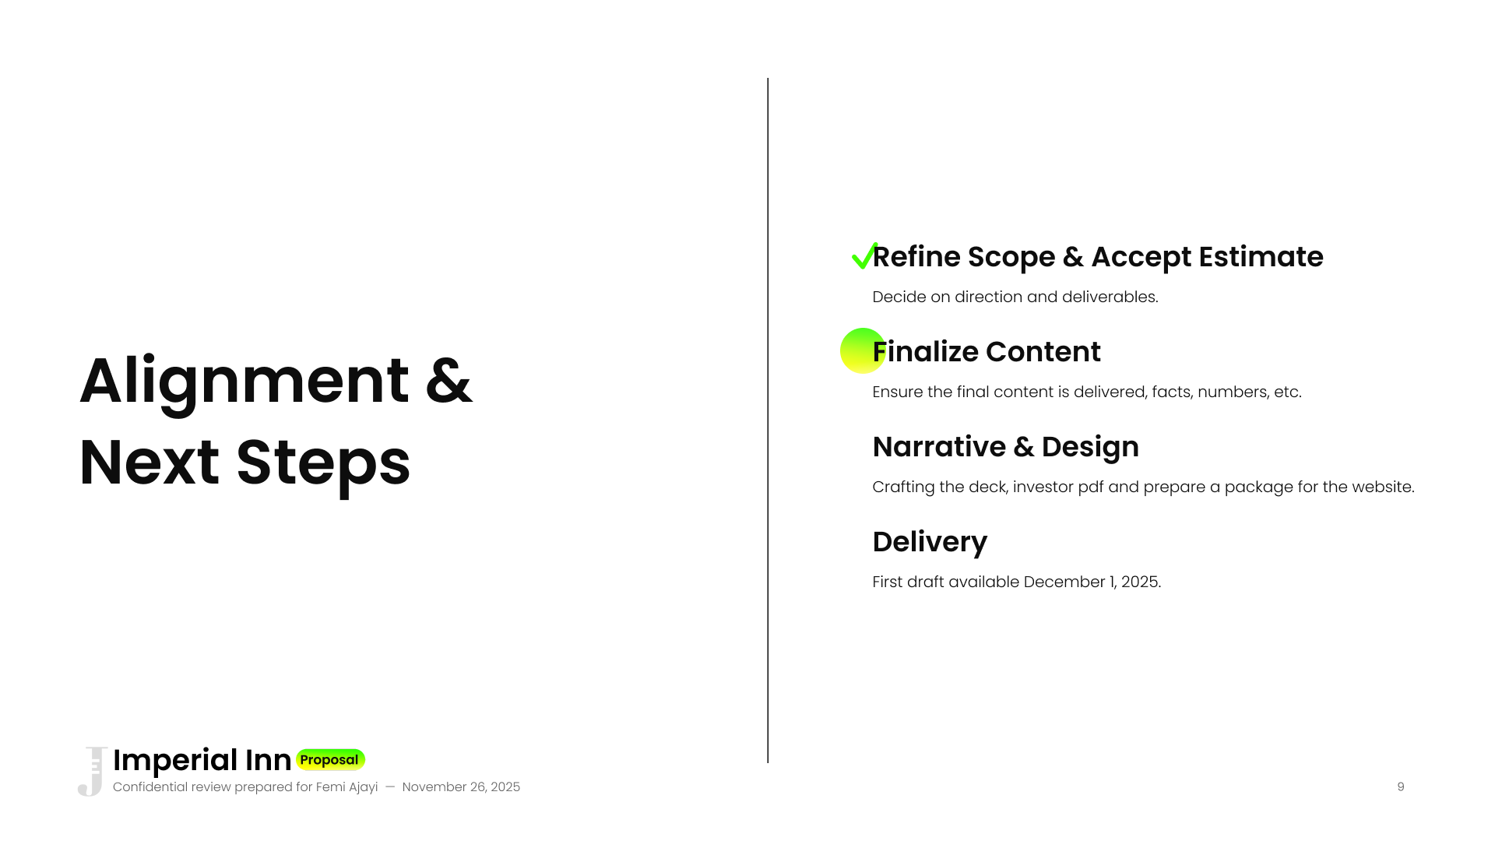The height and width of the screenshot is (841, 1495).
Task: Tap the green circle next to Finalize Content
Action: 863,350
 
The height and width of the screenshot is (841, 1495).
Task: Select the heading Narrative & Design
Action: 1005,447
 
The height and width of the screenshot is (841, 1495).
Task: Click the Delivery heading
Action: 930,543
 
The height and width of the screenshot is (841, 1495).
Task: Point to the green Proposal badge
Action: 330,759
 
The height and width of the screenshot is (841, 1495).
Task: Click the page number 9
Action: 1401,786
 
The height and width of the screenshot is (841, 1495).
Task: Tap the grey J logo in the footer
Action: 93,772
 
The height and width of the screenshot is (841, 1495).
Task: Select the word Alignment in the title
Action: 244,382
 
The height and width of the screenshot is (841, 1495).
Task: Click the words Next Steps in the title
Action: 244,463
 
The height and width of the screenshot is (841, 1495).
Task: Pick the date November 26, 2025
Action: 461,786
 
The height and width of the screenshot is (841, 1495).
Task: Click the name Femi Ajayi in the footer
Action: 346,787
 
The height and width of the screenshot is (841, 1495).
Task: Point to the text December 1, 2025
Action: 1092,582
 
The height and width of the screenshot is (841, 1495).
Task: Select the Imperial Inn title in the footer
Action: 202,760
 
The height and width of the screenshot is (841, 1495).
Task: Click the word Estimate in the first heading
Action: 1261,257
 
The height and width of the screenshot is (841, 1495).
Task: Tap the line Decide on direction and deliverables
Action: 1015,297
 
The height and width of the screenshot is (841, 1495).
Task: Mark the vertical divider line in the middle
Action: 768,420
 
